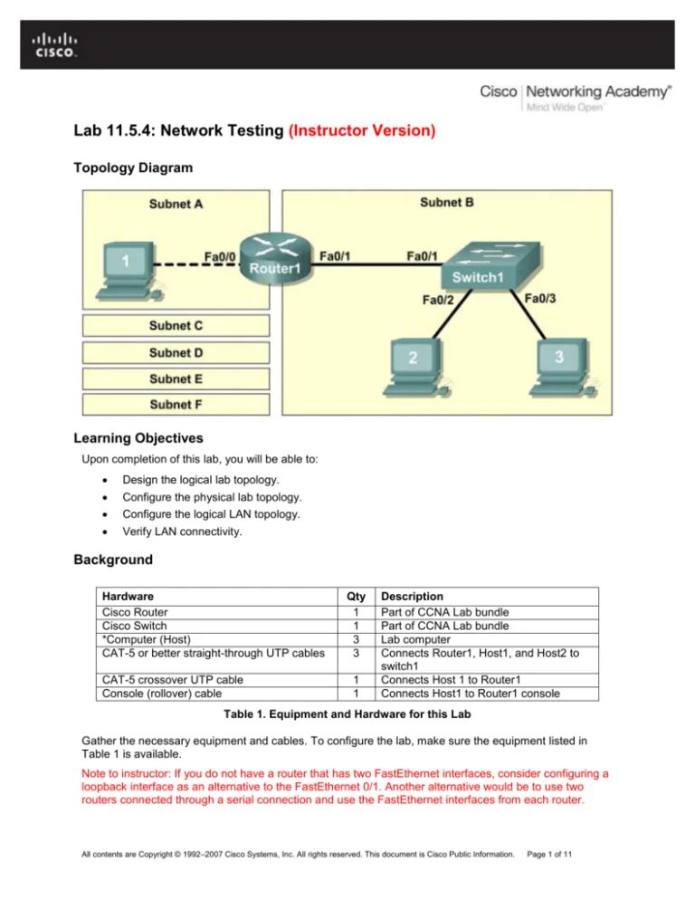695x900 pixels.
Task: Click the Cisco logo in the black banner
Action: click(x=55, y=45)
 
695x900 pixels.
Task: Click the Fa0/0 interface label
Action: click(x=221, y=256)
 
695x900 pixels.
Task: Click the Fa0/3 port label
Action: click(x=539, y=297)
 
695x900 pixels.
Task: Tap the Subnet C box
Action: click(x=176, y=325)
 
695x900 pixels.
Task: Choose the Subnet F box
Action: click(x=176, y=405)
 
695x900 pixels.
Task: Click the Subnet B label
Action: click(x=446, y=203)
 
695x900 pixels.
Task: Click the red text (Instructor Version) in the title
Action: click(x=362, y=131)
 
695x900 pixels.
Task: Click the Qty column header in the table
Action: click(x=357, y=597)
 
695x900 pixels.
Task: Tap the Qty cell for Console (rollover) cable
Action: click(x=357, y=694)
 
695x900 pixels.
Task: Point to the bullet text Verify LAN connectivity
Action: click(x=182, y=531)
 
